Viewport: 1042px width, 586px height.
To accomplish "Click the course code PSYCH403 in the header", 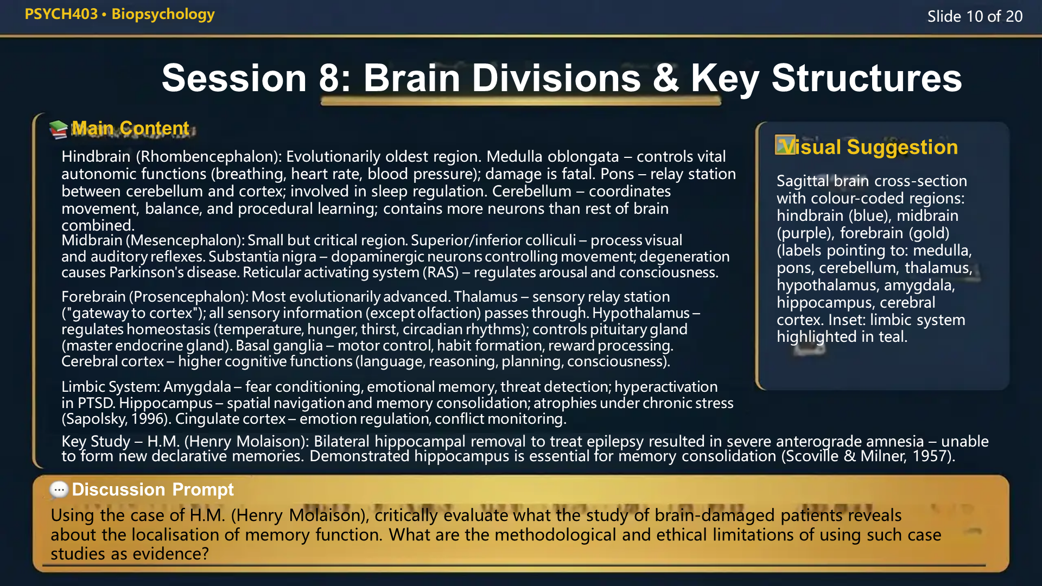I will [61, 14].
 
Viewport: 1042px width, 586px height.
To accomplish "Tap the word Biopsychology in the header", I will [163, 14].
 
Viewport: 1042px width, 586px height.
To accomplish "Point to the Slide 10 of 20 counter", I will [975, 16].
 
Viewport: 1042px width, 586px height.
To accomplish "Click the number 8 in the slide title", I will [329, 78].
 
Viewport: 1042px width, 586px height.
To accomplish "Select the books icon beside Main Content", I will [58, 129].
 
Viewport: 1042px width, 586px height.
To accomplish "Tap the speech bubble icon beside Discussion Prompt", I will [59, 490].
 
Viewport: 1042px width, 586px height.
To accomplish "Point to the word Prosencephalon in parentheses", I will [189, 297].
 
